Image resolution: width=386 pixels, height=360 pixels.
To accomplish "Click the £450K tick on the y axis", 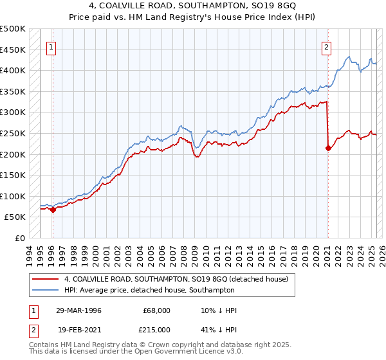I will coord(14,50).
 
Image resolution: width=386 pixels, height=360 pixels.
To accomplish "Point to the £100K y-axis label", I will coord(14,196).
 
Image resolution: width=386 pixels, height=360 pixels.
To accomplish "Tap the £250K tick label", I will coord(14,133).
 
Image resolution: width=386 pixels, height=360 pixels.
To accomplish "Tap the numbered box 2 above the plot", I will coord(327,46).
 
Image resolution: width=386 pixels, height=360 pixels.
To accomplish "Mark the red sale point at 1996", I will coord(53,209).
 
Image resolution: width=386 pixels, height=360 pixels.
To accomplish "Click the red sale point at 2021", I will coord(328,148).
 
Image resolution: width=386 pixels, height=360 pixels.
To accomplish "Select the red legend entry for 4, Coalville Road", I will coord(179,278).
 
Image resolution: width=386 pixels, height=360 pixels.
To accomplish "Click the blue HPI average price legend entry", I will coord(149,290).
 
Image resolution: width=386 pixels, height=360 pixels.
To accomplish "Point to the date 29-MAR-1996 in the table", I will coord(78,310).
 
